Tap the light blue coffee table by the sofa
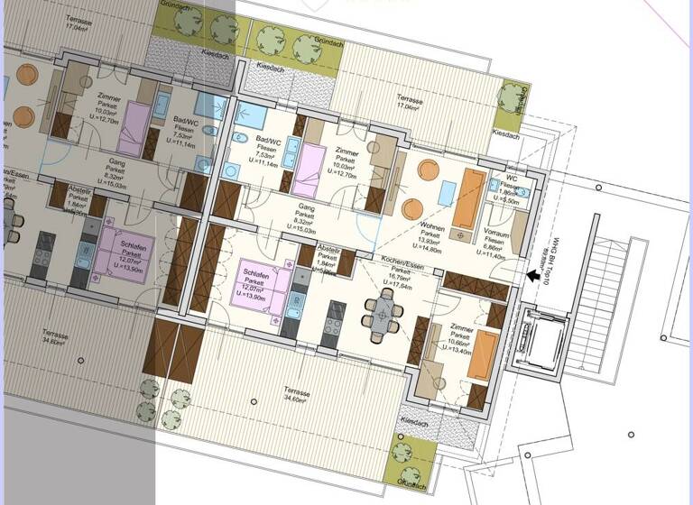tap(448, 193)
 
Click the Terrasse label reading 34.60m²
tap(298, 395)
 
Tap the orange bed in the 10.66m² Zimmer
tap(485, 353)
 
